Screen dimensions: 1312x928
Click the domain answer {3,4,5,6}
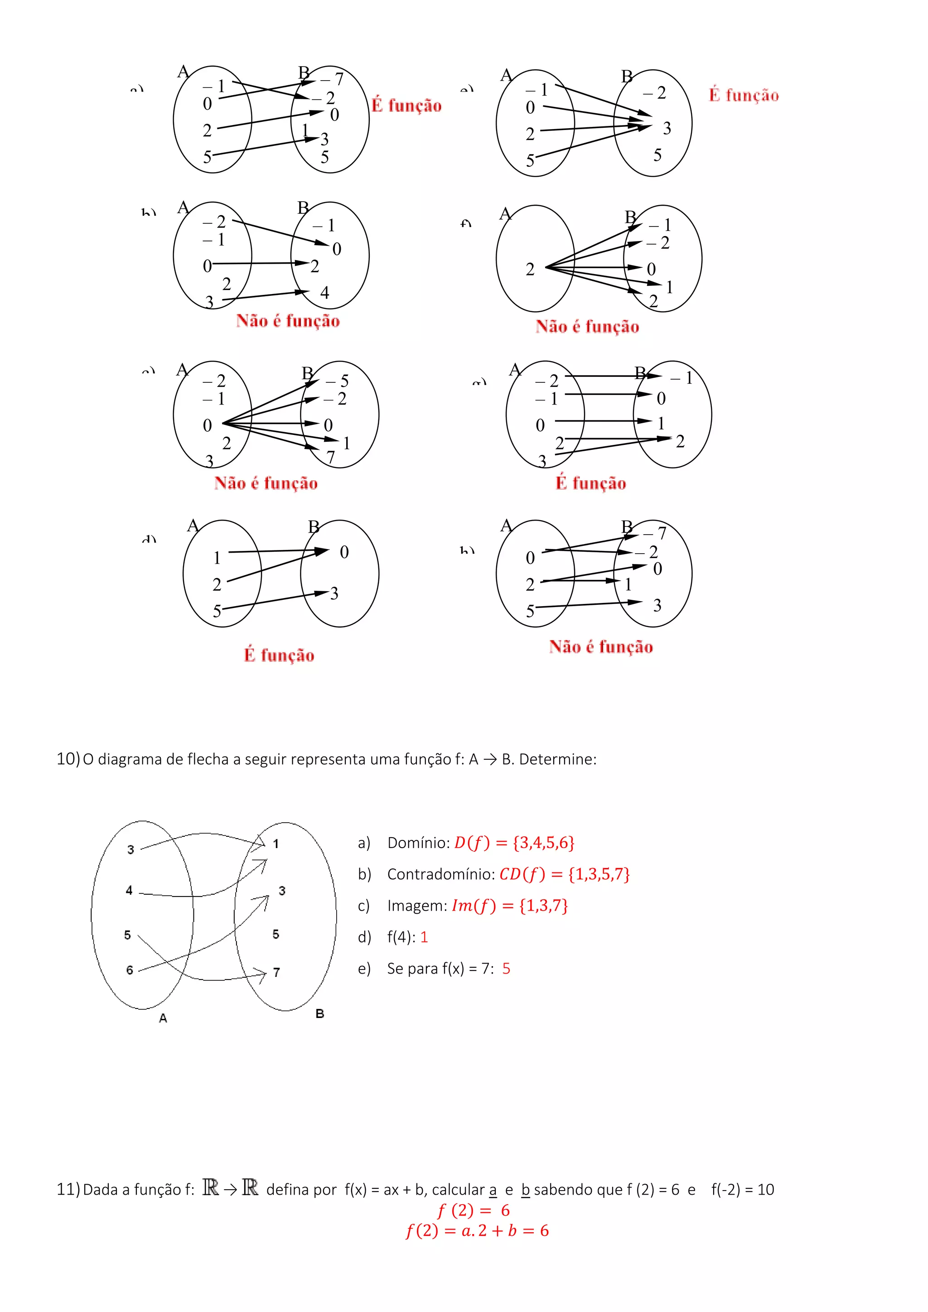point(543,842)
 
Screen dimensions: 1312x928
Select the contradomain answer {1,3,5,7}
point(599,874)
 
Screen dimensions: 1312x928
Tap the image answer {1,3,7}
point(543,905)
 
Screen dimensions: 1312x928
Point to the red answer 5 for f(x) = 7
point(506,969)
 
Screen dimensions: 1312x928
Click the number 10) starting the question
point(68,759)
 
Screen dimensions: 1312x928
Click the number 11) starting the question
point(68,1189)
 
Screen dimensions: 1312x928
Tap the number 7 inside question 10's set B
point(276,972)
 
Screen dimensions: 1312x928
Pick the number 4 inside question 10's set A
point(129,890)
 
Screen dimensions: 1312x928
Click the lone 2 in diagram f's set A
point(530,269)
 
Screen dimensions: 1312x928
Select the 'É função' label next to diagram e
point(744,95)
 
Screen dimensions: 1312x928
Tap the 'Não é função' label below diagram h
point(600,646)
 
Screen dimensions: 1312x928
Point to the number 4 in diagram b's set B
point(324,293)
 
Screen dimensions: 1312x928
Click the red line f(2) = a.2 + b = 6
point(477,1230)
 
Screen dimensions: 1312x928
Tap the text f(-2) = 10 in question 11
point(742,1189)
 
